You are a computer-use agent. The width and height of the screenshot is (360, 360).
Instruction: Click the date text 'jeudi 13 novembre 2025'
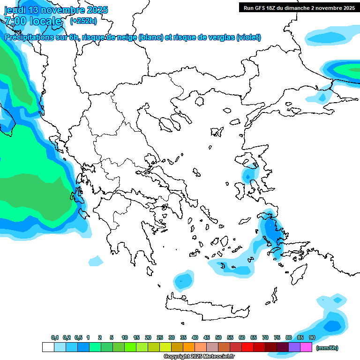[56, 10]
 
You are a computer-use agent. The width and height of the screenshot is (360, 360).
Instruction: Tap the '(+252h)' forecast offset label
[83, 21]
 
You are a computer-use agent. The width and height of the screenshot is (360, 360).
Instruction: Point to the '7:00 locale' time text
[33, 21]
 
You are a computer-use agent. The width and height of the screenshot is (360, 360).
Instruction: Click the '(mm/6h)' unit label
[327, 348]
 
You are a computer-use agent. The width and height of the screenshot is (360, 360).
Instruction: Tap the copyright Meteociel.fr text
[199, 356]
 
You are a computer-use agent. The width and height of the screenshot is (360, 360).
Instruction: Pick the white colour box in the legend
[48, 347]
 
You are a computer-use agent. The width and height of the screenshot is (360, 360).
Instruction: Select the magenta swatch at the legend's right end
[306, 347]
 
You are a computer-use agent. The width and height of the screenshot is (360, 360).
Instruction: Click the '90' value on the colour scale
[312, 337]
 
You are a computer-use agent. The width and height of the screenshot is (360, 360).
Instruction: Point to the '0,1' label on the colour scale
[54, 337]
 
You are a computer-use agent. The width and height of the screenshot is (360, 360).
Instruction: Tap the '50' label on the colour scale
[218, 337]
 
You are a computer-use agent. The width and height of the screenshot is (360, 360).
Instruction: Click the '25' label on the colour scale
[160, 337]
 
